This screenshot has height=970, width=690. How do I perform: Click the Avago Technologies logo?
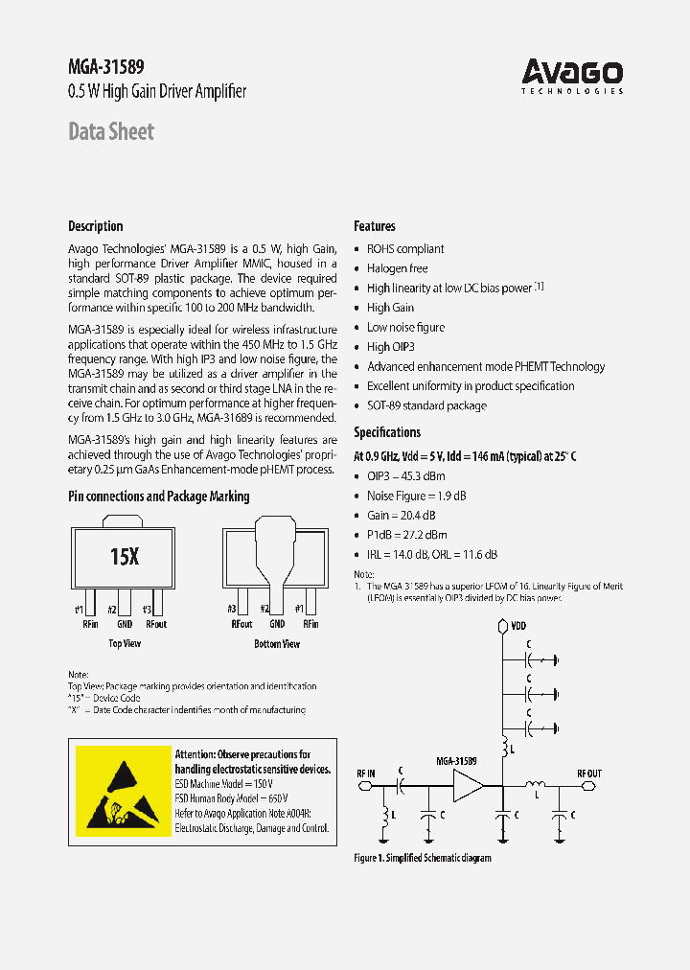[x=572, y=75]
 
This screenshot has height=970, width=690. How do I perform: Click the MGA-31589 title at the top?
[x=106, y=67]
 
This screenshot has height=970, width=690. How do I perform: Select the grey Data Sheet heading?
[x=111, y=131]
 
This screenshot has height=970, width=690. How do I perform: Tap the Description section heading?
[x=96, y=226]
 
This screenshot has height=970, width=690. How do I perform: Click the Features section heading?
[x=375, y=226]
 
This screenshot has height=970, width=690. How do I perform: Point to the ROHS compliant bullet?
[x=405, y=248]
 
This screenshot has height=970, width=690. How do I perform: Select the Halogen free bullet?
[x=397, y=268]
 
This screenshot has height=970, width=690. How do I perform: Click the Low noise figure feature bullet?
[x=405, y=327]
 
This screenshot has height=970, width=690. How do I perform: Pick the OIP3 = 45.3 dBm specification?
[x=406, y=475]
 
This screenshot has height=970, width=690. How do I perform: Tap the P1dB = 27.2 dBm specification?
[x=407, y=535]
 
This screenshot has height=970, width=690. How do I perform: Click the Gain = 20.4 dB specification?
[x=402, y=515]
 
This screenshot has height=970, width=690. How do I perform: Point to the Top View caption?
[x=125, y=644]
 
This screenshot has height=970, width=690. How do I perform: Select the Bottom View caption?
[x=277, y=644]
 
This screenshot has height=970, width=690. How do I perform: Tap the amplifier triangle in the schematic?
[x=469, y=788]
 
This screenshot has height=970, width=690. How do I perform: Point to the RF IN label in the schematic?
[x=367, y=772]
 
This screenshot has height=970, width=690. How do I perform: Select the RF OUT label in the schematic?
[x=589, y=772]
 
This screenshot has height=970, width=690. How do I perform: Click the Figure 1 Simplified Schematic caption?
[x=423, y=858]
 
